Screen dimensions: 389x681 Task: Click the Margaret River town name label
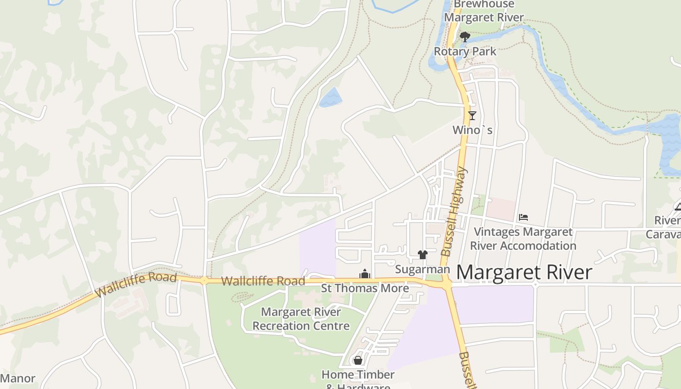click(524, 272)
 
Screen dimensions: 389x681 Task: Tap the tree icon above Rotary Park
click(465, 37)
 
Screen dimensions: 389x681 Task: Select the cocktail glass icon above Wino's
click(472, 116)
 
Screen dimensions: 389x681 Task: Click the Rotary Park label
click(465, 52)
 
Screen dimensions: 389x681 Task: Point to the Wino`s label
click(472, 130)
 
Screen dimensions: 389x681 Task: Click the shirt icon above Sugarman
click(422, 255)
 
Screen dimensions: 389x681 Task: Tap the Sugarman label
click(422, 269)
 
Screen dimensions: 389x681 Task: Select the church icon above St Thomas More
click(365, 274)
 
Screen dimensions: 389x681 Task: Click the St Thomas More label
click(365, 288)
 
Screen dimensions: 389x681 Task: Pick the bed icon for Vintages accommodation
click(523, 217)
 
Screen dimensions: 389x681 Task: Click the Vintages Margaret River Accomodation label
click(523, 239)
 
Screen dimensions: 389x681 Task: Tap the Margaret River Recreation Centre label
click(301, 319)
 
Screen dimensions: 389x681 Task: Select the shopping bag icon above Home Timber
click(358, 360)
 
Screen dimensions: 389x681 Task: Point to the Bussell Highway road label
click(454, 212)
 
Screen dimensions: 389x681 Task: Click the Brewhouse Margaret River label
click(484, 11)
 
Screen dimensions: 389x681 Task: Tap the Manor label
click(18, 378)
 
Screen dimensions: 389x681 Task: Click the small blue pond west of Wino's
click(330, 97)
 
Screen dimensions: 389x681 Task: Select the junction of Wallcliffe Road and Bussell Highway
click(446, 282)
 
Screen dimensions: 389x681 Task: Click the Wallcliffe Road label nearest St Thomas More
click(263, 281)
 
